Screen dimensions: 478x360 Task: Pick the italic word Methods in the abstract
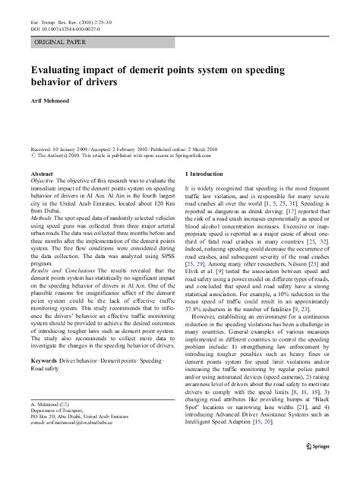[41, 217]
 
